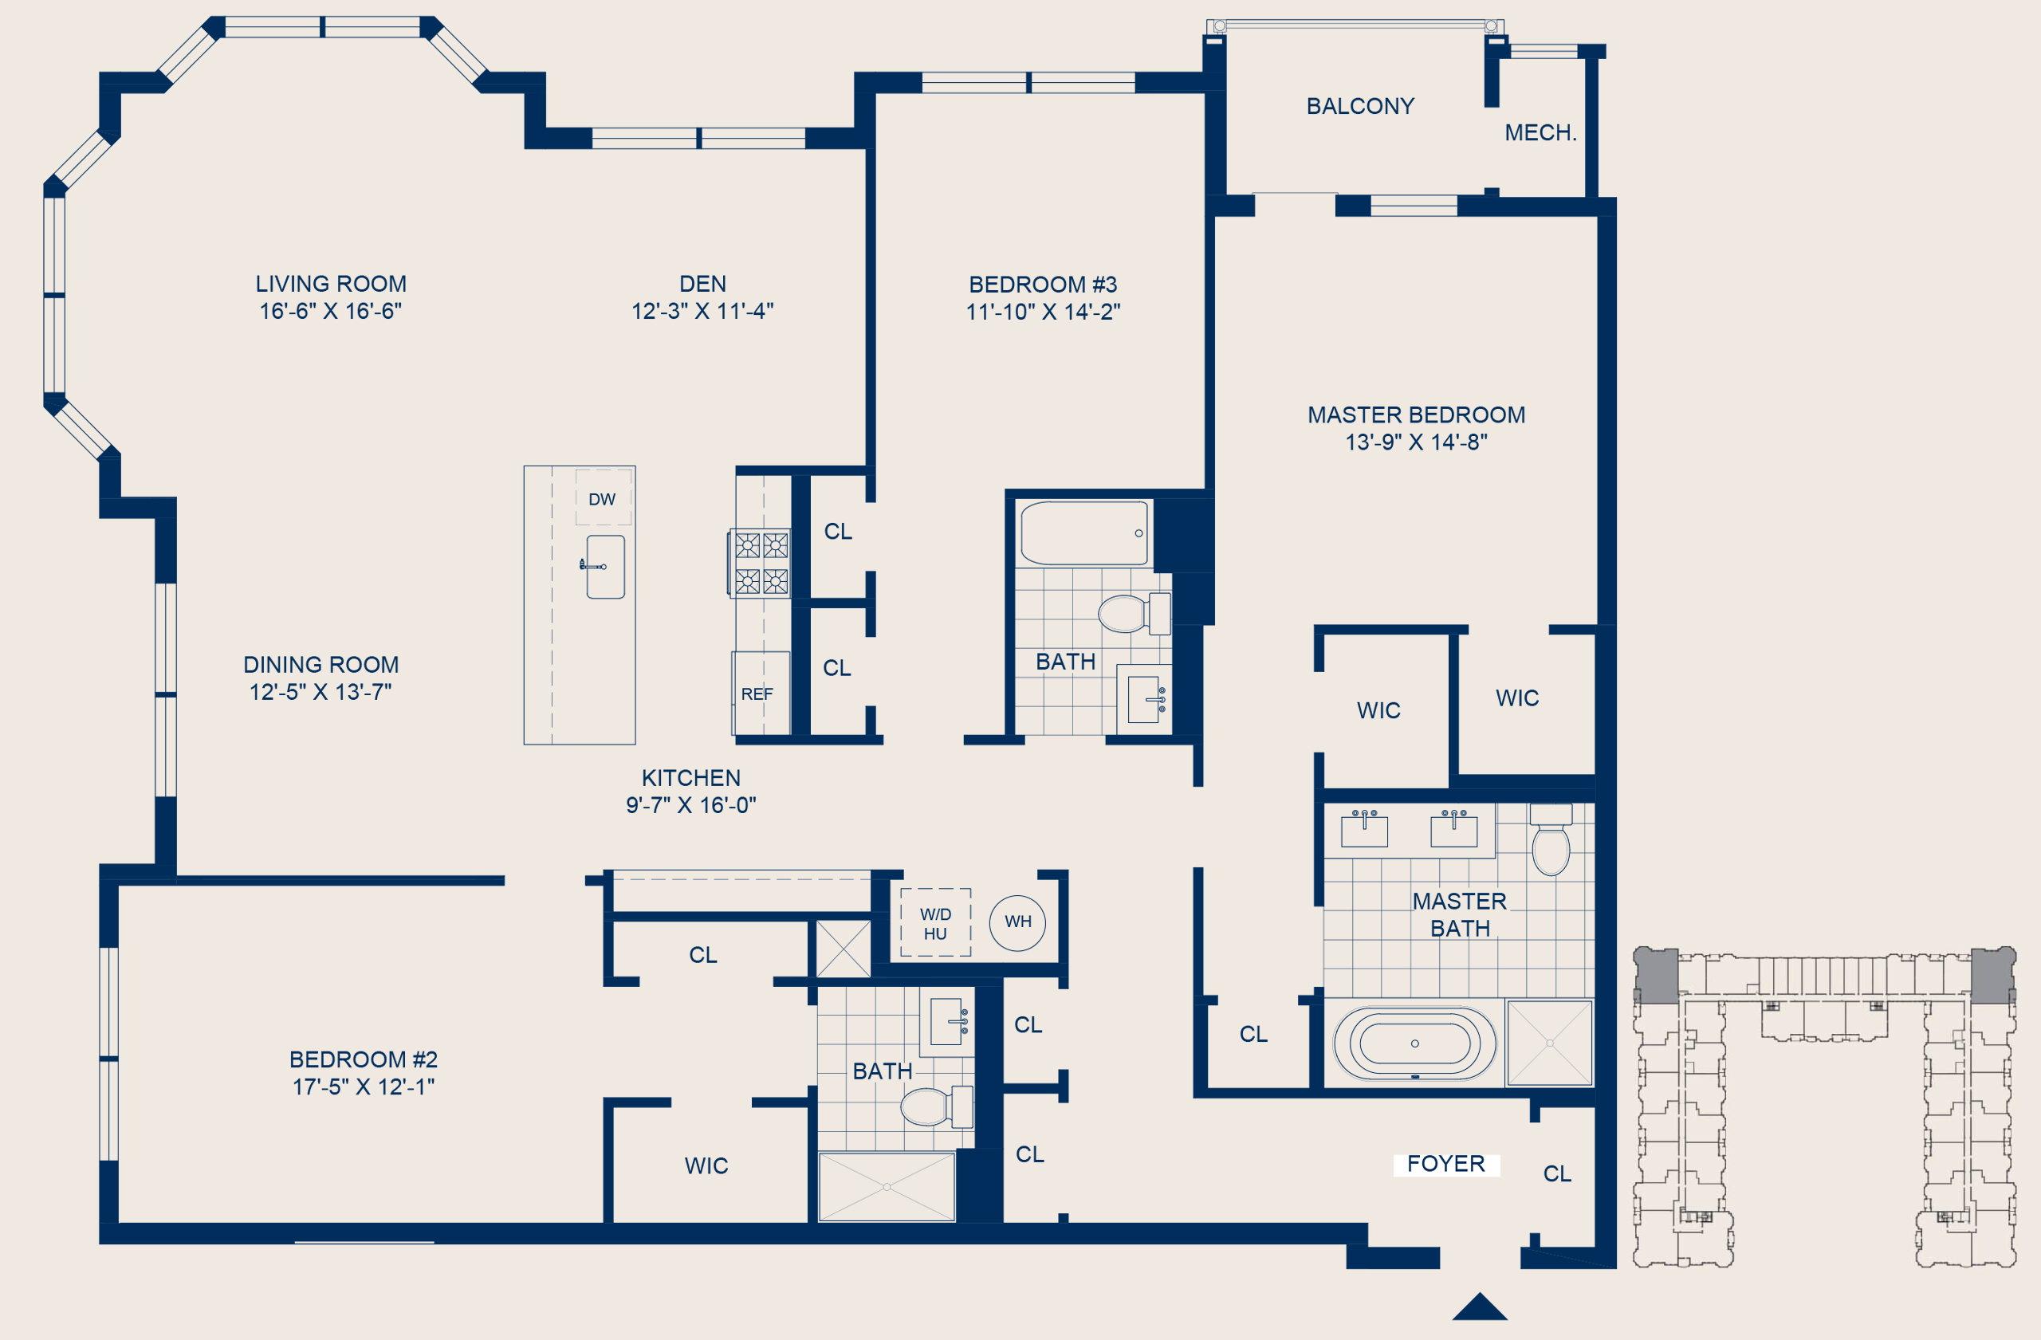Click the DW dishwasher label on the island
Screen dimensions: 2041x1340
click(x=602, y=499)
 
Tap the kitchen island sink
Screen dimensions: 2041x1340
click(x=605, y=567)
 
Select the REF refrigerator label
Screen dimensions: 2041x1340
click(x=757, y=694)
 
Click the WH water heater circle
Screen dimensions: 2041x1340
click(x=1018, y=921)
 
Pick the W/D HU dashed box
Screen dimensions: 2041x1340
click(x=936, y=922)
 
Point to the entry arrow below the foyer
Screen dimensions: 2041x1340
click(x=1481, y=1307)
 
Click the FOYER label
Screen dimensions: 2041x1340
click(x=1446, y=1163)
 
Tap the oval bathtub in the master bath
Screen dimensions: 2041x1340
click(x=1415, y=1043)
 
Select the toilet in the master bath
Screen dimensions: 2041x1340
click(x=1551, y=839)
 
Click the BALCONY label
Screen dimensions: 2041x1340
click(x=1360, y=106)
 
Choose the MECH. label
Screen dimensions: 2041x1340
click(x=1540, y=133)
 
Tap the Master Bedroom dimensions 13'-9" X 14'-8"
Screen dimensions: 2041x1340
click(x=1416, y=442)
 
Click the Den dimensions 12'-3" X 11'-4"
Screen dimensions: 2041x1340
click(x=702, y=311)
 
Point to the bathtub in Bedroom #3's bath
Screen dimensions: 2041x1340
click(x=1085, y=533)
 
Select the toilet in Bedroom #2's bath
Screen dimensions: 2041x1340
click(x=937, y=1106)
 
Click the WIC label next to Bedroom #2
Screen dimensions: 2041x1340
click(x=706, y=1166)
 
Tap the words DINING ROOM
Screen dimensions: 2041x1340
click(x=321, y=665)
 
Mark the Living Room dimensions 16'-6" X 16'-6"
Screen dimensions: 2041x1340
click(x=331, y=311)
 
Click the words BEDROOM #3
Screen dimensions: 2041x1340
click(x=1043, y=285)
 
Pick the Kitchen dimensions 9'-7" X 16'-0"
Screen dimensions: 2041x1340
click(x=691, y=805)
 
